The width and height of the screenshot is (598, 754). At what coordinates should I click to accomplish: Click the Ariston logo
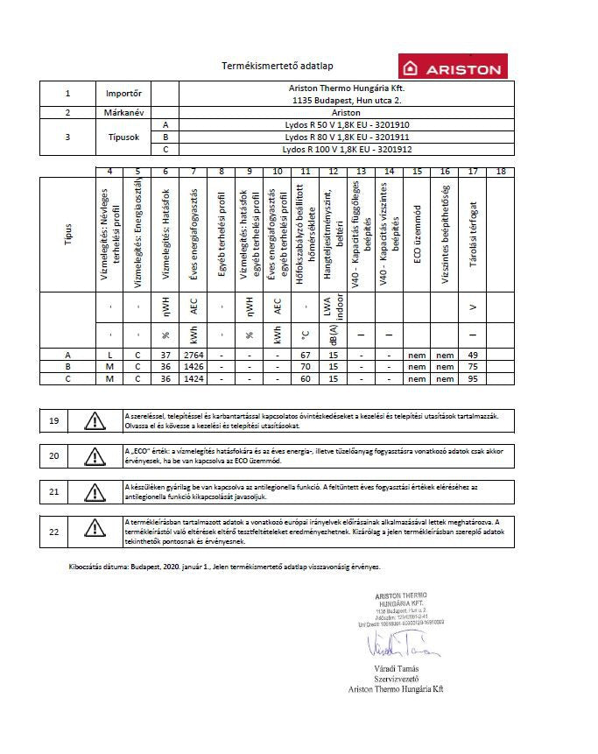451,68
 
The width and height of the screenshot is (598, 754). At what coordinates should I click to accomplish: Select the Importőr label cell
123,92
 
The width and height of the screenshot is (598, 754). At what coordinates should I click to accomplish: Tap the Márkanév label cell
123,113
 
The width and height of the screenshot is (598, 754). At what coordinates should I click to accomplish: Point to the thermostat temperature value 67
306,355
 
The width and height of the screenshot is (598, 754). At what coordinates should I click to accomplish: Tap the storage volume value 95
473,378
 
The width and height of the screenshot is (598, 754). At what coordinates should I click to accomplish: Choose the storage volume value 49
473,355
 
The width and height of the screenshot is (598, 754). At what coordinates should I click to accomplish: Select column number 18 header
500,172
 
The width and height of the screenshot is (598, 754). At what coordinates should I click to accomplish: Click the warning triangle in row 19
92,420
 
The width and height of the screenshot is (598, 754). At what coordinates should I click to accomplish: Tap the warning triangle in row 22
92,529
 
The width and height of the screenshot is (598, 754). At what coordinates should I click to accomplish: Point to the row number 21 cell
54,492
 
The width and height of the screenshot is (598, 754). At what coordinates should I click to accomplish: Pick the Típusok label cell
123,137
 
